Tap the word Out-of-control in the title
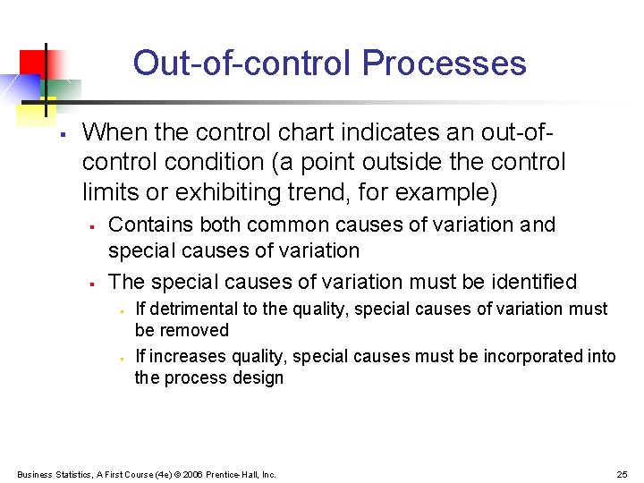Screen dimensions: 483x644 (242, 64)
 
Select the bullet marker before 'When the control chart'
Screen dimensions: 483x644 (60, 135)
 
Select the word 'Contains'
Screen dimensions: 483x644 (145, 225)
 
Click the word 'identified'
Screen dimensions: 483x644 (534, 282)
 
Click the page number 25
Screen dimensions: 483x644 (622, 474)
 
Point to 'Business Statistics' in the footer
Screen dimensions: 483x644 (48, 474)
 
